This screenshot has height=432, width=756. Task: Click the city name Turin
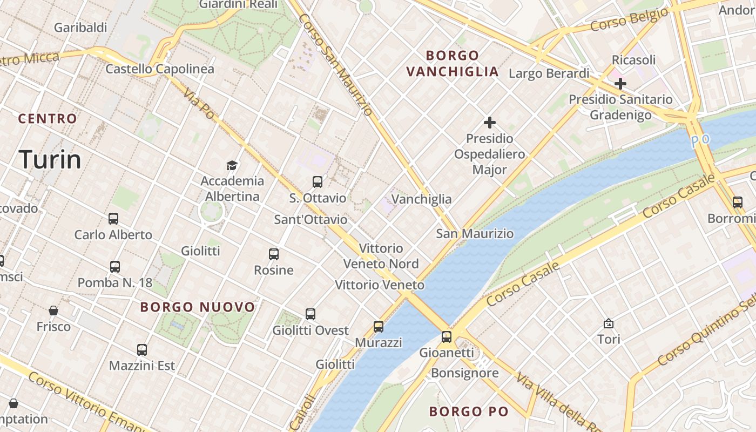[50, 159]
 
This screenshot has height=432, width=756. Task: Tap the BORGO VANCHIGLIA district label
[453, 63]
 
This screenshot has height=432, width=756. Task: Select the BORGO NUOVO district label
[198, 307]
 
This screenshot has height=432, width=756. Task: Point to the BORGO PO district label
[469, 411]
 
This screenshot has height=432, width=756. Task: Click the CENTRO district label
[48, 119]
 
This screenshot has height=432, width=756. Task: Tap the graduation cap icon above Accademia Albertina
[232, 165]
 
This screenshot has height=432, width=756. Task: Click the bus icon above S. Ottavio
[318, 182]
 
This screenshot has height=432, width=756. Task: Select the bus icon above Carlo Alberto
[113, 219]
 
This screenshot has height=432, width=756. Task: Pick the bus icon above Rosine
[274, 254]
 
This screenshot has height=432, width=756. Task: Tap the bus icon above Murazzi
[379, 326]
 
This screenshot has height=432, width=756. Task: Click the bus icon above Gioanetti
[447, 336]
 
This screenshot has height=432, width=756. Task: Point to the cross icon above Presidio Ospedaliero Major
[490, 123]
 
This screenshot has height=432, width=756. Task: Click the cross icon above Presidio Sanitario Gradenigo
[620, 84]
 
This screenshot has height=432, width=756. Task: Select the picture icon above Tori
[609, 323]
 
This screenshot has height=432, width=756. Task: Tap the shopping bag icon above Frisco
[53, 310]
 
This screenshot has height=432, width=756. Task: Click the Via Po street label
[199, 103]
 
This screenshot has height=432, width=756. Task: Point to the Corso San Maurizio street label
[335, 64]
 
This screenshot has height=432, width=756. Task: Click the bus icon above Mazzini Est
[142, 349]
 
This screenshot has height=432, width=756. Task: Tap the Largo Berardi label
[549, 73]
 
